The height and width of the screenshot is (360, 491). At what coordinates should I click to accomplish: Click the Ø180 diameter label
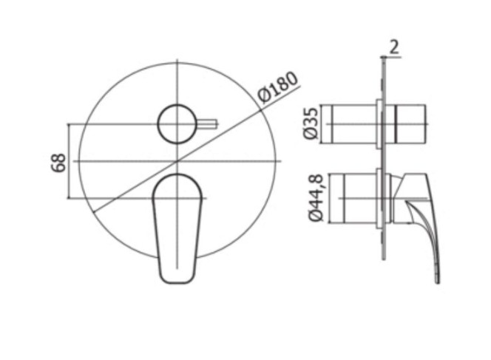point(278,88)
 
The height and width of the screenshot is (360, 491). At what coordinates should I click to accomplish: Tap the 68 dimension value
point(58,163)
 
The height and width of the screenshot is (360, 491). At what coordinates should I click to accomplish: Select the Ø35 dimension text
point(311,123)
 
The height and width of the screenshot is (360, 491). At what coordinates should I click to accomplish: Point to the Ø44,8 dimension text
point(316,198)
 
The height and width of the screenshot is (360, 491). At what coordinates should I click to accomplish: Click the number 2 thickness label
point(395,47)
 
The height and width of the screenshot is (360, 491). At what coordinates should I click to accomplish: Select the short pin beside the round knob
point(207,124)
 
